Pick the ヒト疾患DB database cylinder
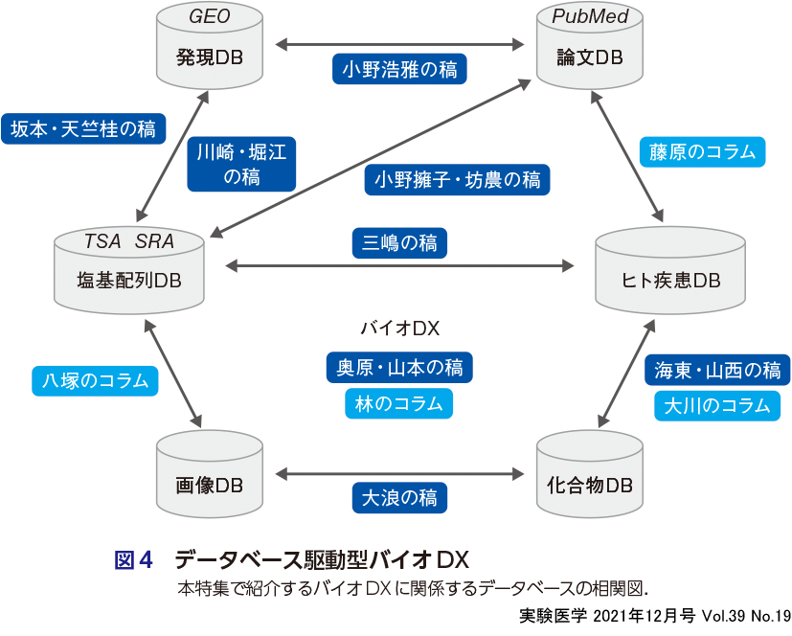coord(670,273)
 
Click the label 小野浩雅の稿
coord(399,69)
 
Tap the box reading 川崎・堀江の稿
coord(241,163)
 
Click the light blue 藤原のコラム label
coord(702,151)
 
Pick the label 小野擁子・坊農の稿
coord(457,179)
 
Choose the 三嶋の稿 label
coord(399,243)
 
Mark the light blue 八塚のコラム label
coord(95,380)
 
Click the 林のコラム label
coord(399,403)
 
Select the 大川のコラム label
coord(717,405)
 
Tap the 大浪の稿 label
coord(399,498)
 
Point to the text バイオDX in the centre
coord(399,329)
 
